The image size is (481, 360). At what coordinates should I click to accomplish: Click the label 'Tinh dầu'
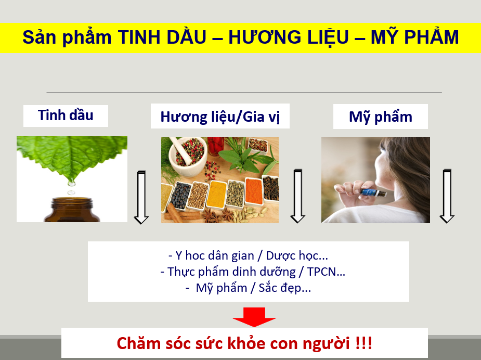pyautogui.click(x=66, y=115)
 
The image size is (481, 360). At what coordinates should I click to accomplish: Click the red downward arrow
pyautogui.click(x=254, y=316)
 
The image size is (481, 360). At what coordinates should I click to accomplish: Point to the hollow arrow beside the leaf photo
pyautogui.click(x=141, y=196)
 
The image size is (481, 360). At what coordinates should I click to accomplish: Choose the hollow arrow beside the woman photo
pyautogui.click(x=447, y=196)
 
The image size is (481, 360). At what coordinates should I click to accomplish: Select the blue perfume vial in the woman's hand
pyautogui.click(x=374, y=194)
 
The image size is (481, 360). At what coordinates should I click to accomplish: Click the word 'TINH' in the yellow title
pyautogui.click(x=136, y=37)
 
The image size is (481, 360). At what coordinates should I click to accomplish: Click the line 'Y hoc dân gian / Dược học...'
pyautogui.click(x=248, y=256)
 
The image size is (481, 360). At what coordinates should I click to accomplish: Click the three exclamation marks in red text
pyautogui.click(x=363, y=344)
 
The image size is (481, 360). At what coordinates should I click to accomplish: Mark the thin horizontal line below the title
pyautogui.click(x=244, y=93)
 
